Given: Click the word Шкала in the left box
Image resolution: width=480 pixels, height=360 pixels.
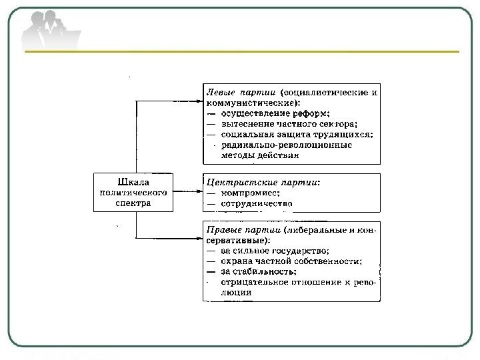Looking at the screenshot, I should click(x=132, y=181).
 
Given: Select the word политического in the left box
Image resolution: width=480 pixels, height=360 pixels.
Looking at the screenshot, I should click(x=132, y=191).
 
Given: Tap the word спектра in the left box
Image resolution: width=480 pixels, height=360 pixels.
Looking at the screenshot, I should click(x=132, y=202).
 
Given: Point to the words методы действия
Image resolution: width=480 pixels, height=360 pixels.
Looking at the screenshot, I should click(x=259, y=155).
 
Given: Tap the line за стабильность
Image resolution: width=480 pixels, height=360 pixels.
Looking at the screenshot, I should click(x=259, y=272).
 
